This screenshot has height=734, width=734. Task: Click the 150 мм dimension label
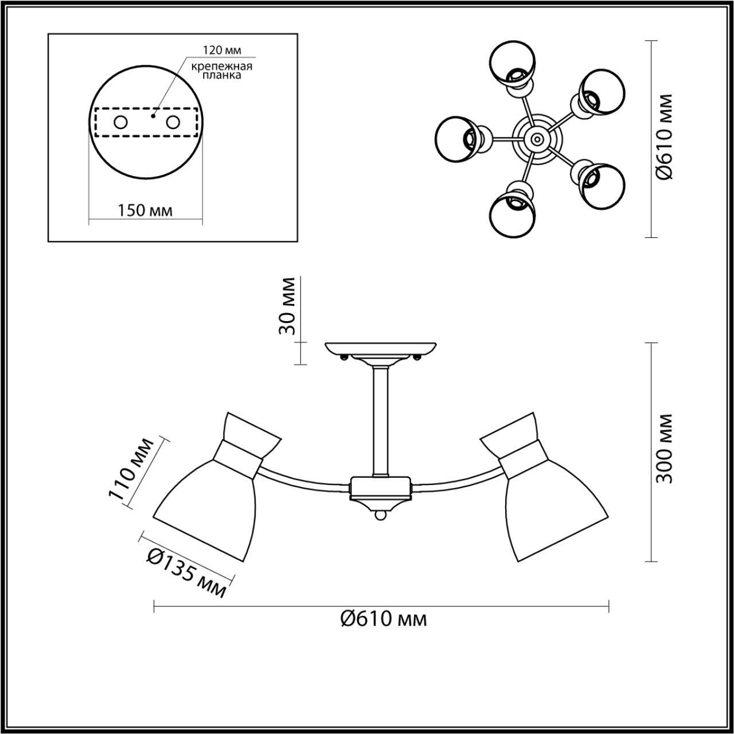point(145,210)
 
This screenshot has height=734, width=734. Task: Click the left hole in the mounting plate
point(121,122)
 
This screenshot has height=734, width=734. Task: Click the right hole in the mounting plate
point(173,122)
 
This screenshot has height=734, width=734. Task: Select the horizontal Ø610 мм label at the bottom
point(383,619)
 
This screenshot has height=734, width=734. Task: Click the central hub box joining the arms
point(380,487)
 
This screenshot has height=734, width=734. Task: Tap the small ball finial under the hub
point(380,517)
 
